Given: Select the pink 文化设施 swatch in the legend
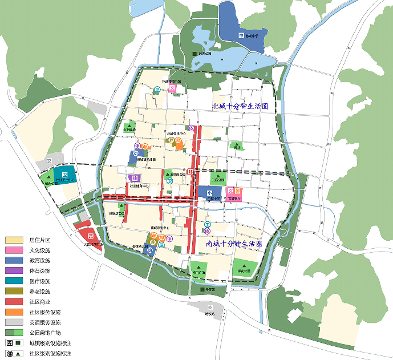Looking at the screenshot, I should [14, 250].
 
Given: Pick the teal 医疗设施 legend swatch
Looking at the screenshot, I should [14, 281].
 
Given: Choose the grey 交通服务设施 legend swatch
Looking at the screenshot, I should [14, 322].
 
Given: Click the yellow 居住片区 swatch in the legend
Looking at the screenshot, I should [14, 240].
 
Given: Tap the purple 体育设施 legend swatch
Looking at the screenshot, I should [14, 271].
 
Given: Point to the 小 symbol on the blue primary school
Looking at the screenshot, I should [210, 193].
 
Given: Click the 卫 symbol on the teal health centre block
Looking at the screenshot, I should [64, 175].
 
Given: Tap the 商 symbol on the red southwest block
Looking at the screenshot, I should [91, 236].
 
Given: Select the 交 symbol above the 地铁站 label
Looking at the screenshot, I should [210, 308].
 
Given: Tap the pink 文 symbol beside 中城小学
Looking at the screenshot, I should [230, 191].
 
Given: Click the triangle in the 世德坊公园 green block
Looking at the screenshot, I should [121, 205].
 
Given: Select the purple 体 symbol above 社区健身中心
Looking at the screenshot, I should [136, 177].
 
